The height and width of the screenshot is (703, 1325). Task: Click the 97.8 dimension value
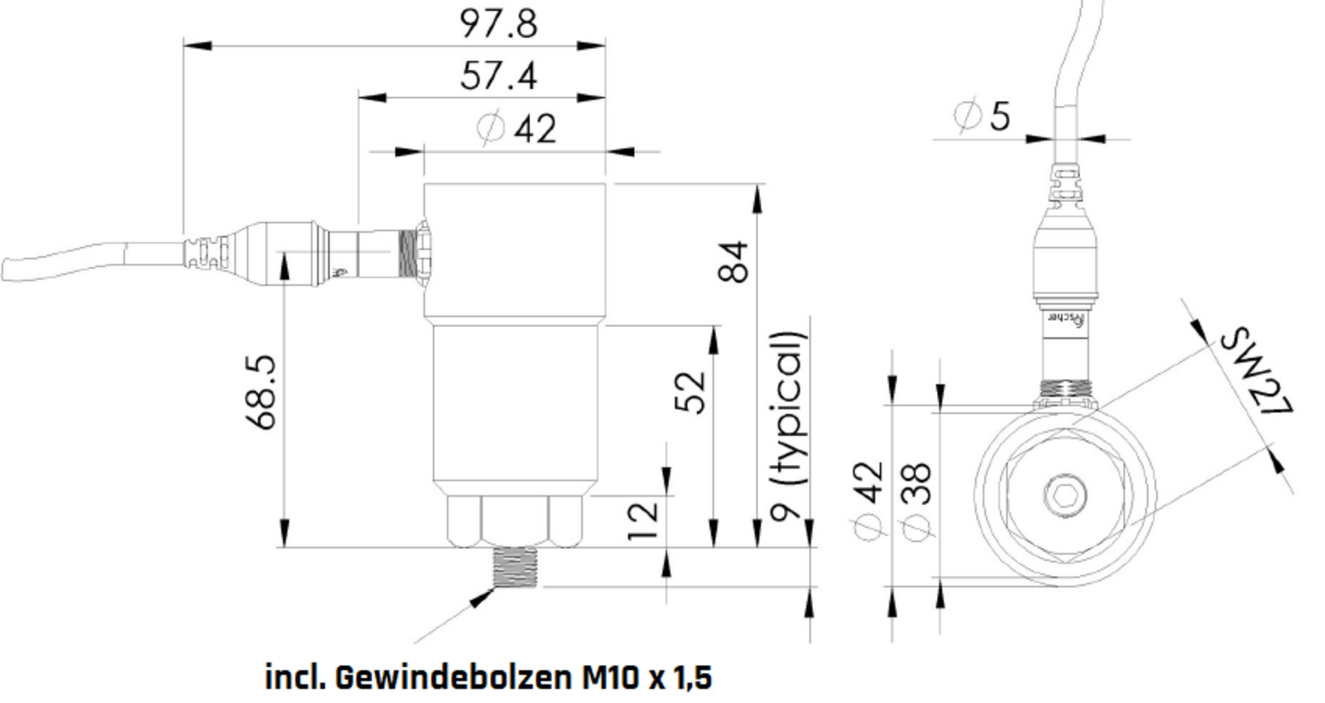pyautogui.click(x=498, y=24)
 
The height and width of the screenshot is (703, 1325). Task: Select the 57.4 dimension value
pyautogui.click(x=498, y=76)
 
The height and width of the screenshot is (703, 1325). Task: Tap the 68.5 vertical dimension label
pyautogui.click(x=262, y=392)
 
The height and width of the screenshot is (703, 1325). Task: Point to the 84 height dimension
pyautogui.click(x=733, y=261)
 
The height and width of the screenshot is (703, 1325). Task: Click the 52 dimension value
pyautogui.click(x=690, y=393)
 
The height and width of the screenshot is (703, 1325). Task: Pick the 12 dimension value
pyautogui.click(x=643, y=522)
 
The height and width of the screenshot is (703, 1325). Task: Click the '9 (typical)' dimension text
pyautogui.click(x=788, y=426)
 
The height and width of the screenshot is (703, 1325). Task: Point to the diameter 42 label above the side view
pyautogui.click(x=518, y=128)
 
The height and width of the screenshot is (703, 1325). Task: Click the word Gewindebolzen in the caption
pyautogui.click(x=453, y=677)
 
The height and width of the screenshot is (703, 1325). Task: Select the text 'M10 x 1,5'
pyautogui.click(x=647, y=677)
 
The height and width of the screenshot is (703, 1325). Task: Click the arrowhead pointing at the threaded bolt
pyautogui.click(x=482, y=598)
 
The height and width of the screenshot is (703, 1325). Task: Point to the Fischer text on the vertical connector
pyautogui.click(x=1067, y=318)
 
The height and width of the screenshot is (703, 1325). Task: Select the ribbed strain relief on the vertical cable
pyautogui.click(x=1066, y=183)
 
